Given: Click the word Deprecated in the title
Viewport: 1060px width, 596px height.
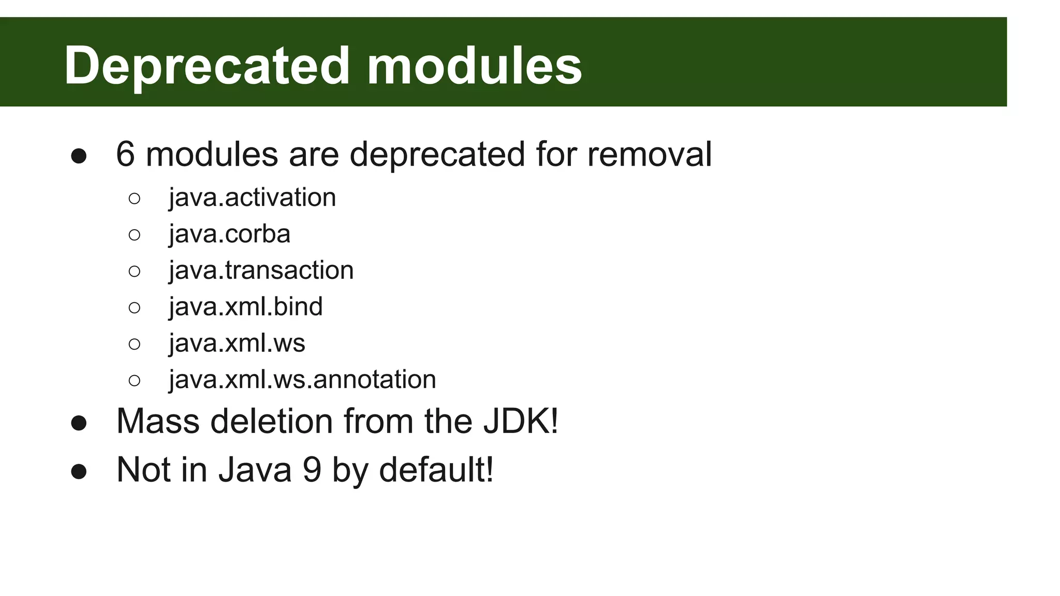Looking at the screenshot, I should tap(207, 66).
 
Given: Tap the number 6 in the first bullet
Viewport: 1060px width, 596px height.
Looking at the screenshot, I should tap(125, 154).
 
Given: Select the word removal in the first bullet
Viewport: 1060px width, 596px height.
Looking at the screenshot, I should tap(649, 154).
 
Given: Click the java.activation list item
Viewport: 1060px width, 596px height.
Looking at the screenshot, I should tap(252, 198).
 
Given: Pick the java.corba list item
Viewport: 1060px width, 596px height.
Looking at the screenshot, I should tap(229, 234).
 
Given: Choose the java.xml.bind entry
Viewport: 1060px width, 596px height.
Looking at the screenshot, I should tap(245, 307).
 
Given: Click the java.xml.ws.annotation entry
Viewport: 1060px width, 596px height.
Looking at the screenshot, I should tap(302, 379).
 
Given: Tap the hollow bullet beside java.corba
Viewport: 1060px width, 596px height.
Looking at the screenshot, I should tap(134, 235).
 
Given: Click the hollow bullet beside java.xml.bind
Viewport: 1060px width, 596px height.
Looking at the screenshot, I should tap(134, 308).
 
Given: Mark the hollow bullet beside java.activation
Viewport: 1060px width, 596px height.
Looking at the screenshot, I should tap(134, 199).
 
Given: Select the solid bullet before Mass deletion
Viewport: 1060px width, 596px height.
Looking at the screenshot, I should tap(79, 423).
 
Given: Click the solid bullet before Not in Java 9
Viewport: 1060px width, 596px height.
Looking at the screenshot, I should tap(79, 471).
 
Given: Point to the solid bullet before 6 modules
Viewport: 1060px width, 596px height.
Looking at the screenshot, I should tap(79, 156).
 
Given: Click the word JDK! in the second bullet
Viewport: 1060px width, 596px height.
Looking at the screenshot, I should tap(521, 421).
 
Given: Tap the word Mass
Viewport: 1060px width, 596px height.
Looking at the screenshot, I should tap(158, 421).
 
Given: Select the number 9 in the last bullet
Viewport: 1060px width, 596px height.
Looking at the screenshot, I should tap(312, 470).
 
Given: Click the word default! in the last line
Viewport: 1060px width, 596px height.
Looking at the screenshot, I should tap(436, 470).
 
